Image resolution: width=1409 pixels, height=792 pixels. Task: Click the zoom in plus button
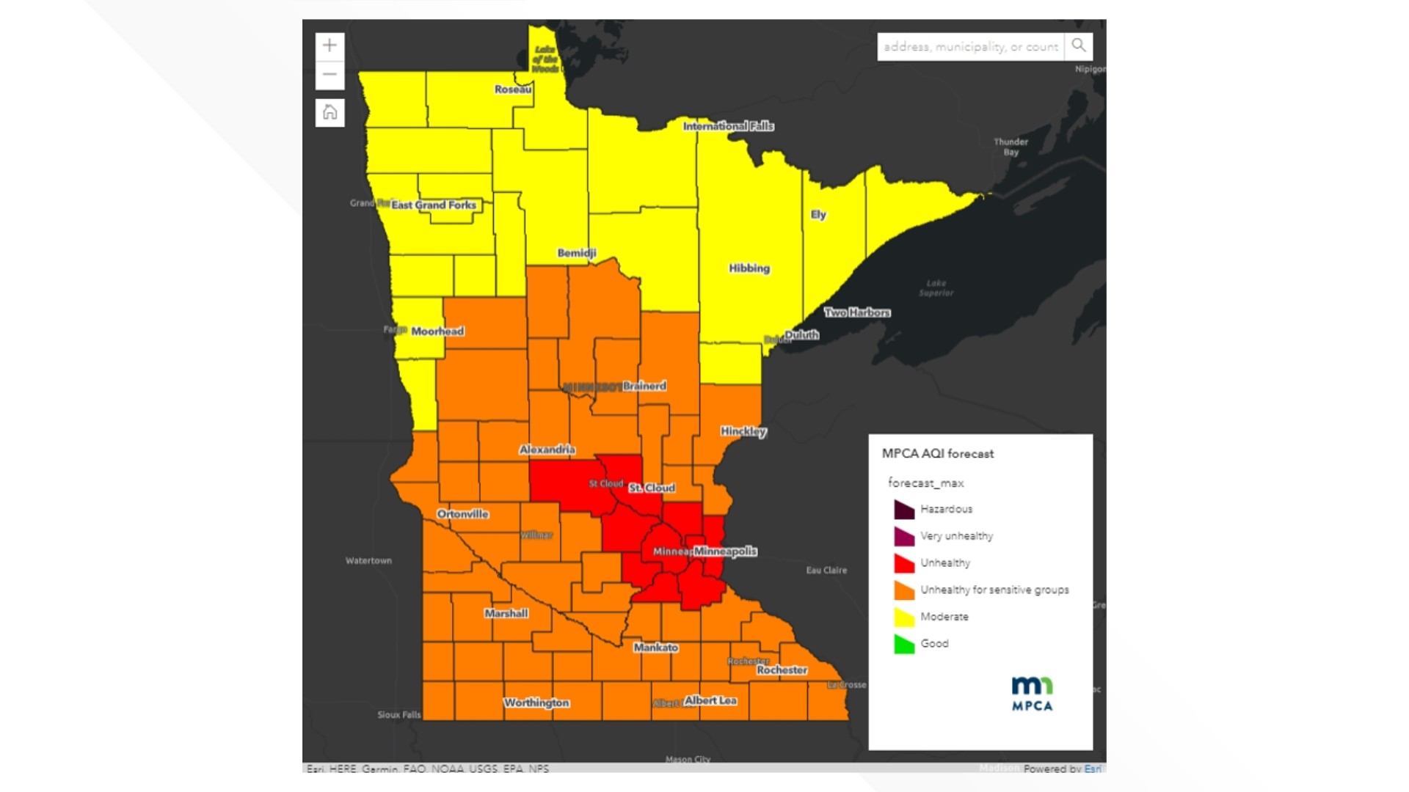coord(330,45)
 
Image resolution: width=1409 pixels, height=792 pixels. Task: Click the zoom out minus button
coord(330,75)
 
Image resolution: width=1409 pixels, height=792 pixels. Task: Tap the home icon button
coord(330,112)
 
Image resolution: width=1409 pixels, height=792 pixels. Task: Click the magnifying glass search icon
coord(1078,45)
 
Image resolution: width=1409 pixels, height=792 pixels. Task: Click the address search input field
coord(970,47)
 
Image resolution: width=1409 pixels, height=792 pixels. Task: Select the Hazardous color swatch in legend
coord(904,509)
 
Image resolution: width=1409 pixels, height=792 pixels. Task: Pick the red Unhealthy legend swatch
coord(904,563)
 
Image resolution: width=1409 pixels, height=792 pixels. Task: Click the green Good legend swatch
coord(904,644)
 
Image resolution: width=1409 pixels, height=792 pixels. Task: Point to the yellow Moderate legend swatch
coord(904,617)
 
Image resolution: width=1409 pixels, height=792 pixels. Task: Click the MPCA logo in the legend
coord(1032,694)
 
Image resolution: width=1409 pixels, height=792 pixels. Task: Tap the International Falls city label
coord(728,126)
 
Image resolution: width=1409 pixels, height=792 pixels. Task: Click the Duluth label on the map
coord(801,335)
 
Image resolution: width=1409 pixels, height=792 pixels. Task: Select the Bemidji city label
coord(577,253)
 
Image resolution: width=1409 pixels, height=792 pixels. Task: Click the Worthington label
coord(536,703)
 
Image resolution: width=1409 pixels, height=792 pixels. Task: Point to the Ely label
coord(818,215)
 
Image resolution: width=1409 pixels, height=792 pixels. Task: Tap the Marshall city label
coord(506,613)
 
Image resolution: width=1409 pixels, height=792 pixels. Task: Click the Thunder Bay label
coord(1011,147)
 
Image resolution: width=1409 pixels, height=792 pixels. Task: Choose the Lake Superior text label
coord(936,287)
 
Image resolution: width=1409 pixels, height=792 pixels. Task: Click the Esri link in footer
coord(1092,769)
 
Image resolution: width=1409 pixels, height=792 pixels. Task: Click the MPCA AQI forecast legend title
coord(937,454)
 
